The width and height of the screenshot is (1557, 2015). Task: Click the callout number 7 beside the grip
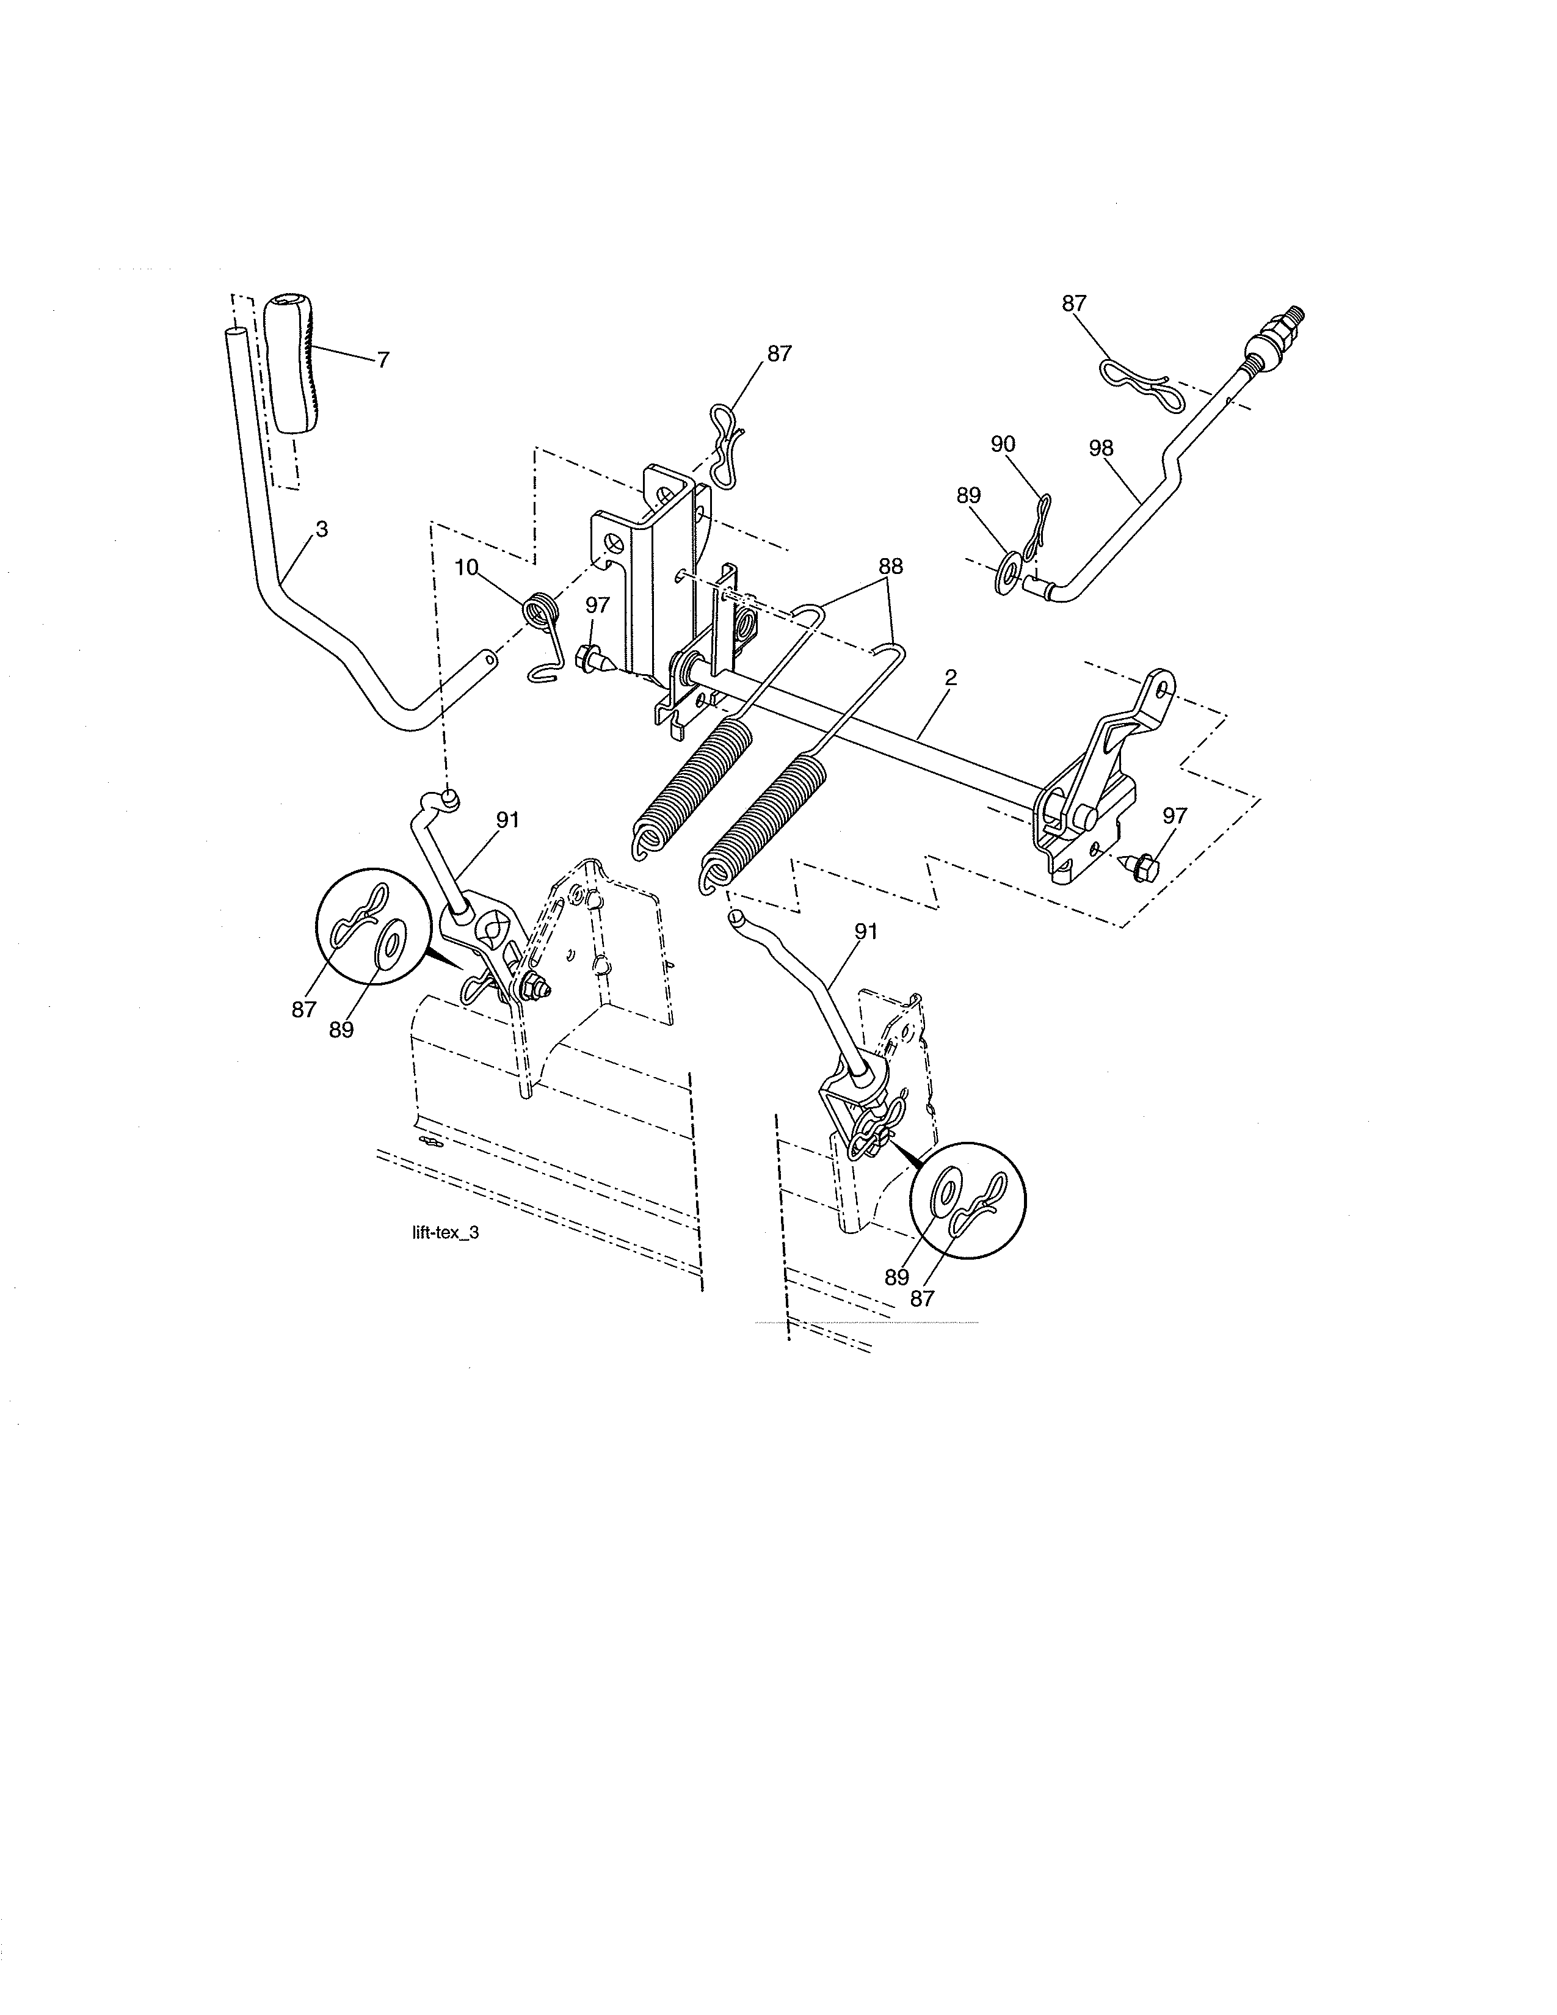383,360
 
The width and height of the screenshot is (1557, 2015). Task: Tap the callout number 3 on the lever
321,529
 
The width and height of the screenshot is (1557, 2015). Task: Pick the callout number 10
466,567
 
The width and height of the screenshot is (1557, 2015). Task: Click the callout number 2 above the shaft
951,677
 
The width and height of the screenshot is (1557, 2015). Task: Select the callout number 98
1100,448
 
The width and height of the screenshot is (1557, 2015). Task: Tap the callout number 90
1003,444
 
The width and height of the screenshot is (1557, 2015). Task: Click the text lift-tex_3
446,1233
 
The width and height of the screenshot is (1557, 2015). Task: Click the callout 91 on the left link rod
507,820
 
